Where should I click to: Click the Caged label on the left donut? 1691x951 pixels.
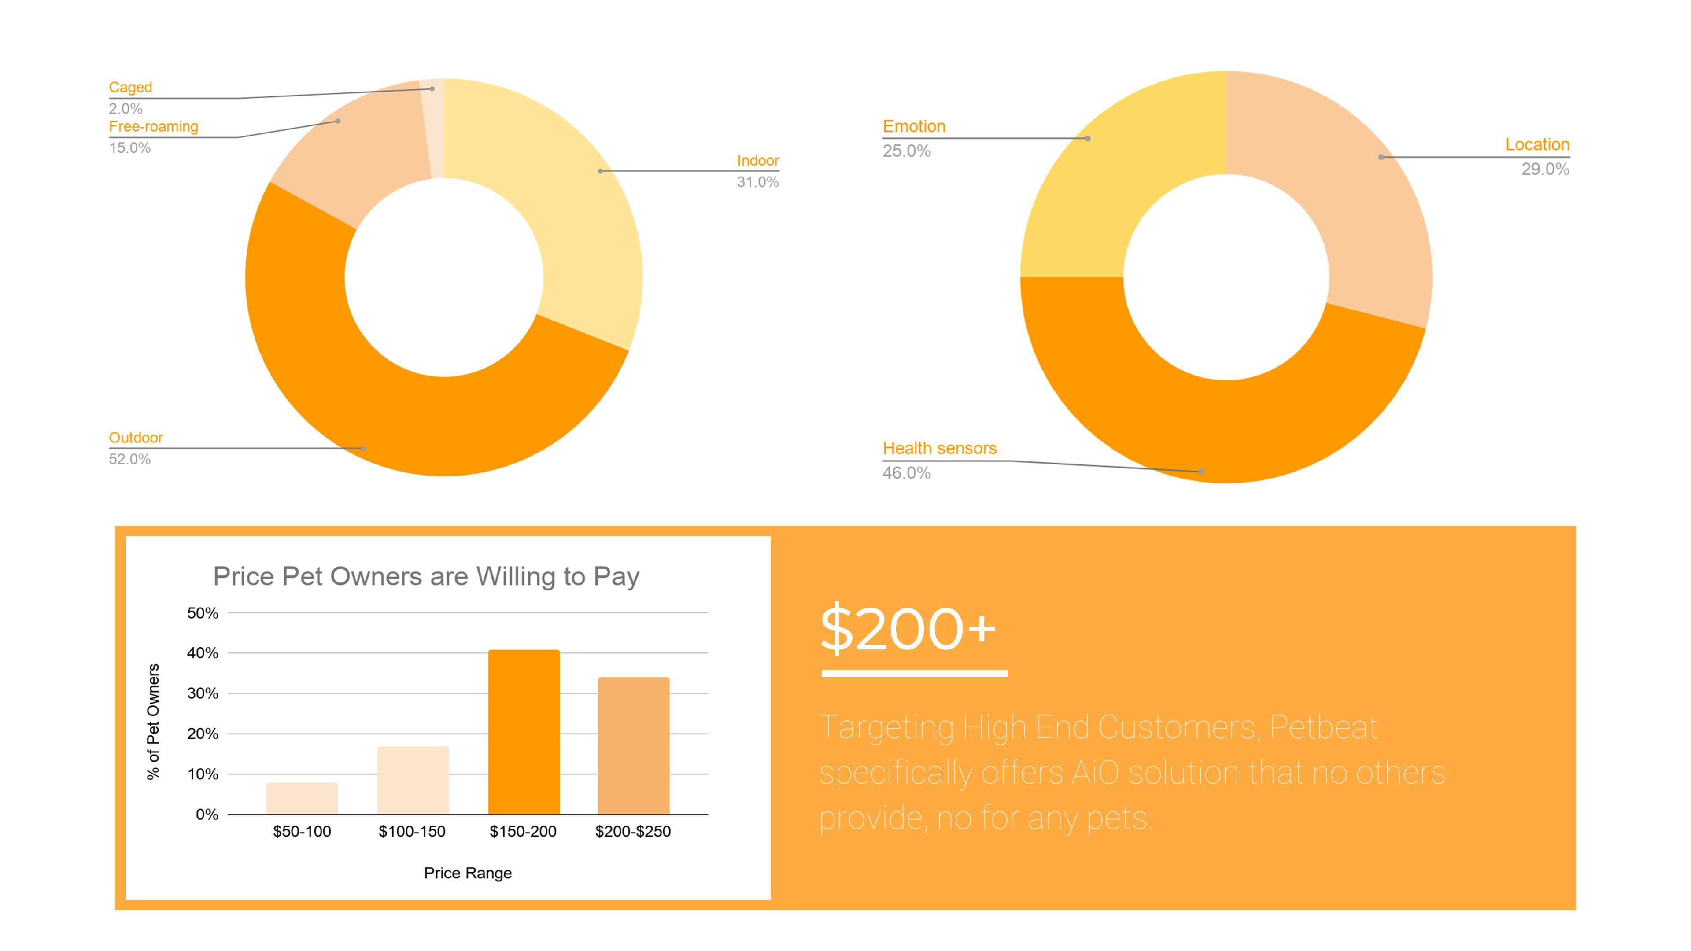coord(130,87)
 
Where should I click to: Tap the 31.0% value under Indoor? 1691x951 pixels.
coord(757,182)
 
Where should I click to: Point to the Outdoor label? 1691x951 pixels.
coord(135,438)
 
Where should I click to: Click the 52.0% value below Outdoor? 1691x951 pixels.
coord(129,459)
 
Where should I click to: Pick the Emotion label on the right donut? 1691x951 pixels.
coord(914,126)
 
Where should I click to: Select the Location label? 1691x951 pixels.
coord(1537,144)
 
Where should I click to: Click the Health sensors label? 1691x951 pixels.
coord(939,448)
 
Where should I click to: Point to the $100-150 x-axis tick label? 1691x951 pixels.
coord(412,832)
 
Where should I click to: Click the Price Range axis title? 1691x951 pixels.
coord(467,873)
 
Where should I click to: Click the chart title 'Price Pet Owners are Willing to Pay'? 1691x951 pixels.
coord(426,576)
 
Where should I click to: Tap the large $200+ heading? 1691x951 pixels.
coord(908,629)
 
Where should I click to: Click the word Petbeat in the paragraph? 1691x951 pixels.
coord(1323,727)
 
